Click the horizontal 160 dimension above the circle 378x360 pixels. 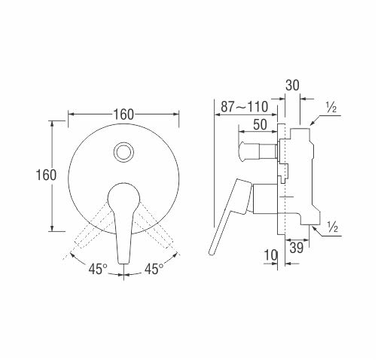[123, 114]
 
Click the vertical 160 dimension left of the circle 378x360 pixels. [46, 175]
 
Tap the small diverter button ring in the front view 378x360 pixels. [123, 152]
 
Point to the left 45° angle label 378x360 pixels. [98, 269]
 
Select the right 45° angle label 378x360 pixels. [154, 269]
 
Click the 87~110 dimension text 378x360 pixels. [245, 107]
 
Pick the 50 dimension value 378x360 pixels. [260, 124]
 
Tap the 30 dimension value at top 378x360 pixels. [293, 86]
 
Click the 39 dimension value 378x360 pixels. [297, 248]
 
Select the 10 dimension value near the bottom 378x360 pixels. [270, 255]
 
